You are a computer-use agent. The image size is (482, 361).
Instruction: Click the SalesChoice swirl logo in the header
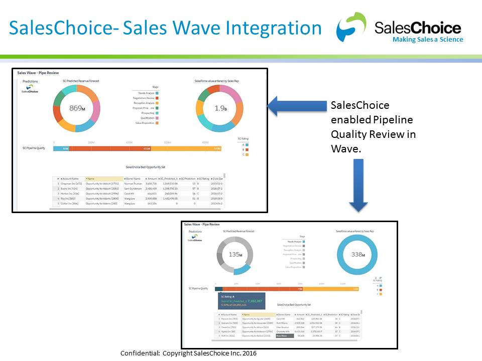[x=352, y=28]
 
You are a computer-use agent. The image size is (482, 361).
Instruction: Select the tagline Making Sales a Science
[x=428, y=40]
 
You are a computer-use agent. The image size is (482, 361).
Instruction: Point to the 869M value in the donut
[x=77, y=108]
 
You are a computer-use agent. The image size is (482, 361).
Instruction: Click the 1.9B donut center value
[x=219, y=108]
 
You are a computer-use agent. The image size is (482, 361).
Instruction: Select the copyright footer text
[x=188, y=353]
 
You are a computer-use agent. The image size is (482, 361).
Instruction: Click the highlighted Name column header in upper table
[x=104, y=178]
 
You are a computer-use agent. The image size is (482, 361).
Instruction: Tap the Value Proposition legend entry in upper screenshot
[x=146, y=123]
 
